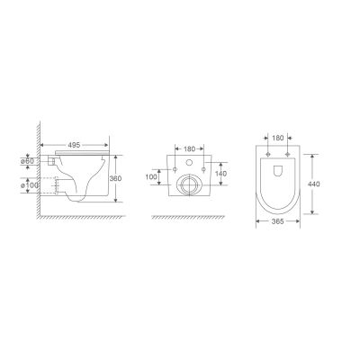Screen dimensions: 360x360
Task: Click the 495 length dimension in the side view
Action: tap(74, 145)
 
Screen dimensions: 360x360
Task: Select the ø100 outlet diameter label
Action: tap(30, 185)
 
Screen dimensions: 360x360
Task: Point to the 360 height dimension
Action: tap(115, 178)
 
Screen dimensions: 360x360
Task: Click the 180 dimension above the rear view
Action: tap(189, 148)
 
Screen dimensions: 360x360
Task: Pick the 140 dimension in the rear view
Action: tap(221, 174)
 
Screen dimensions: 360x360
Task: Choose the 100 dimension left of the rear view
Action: tap(151, 177)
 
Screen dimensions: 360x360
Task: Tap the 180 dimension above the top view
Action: tap(278, 138)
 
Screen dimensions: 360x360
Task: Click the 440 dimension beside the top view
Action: tap(314, 184)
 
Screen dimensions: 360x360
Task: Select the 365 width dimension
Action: tap(278, 221)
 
